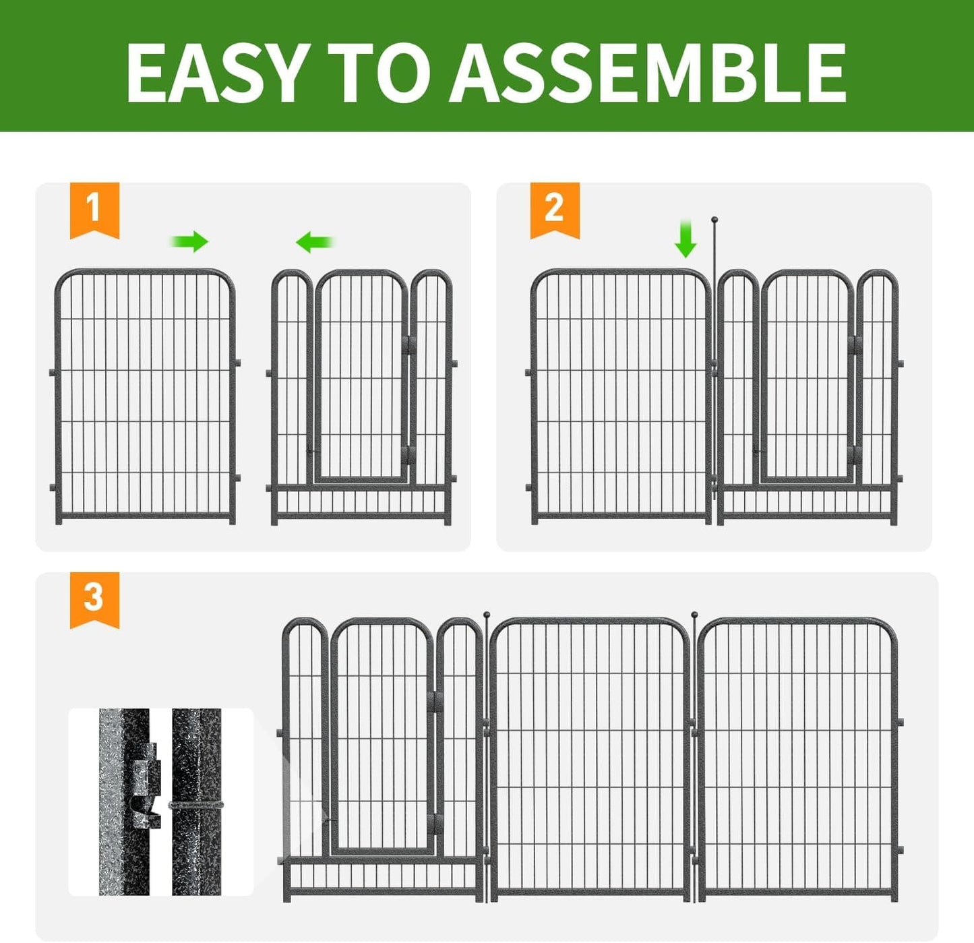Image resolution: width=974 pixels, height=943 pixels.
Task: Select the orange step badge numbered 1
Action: click(x=94, y=208)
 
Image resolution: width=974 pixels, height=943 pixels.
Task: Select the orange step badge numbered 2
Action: click(x=554, y=208)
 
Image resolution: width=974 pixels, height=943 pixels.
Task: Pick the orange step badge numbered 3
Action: click(x=94, y=598)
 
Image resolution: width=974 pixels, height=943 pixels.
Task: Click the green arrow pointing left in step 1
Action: click(x=314, y=241)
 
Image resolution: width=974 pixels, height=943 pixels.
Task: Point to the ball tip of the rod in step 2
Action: click(x=714, y=220)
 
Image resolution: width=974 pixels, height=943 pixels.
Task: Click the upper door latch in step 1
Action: click(x=409, y=345)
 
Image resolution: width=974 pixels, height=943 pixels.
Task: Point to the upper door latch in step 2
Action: click(x=855, y=346)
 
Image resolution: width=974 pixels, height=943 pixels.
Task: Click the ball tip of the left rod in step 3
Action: click(x=487, y=615)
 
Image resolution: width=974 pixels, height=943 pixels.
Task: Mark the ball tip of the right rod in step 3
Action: click(x=694, y=615)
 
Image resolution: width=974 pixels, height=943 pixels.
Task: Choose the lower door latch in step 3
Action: click(x=435, y=822)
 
